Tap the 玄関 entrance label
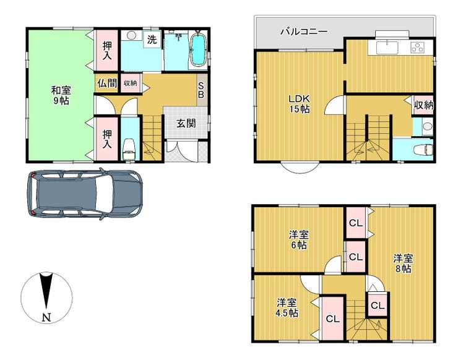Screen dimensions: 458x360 pyautogui.click(x=186, y=124)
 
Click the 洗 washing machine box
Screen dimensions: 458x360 pyautogui.click(x=152, y=40)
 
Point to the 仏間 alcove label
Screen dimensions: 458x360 pyautogui.click(x=107, y=84)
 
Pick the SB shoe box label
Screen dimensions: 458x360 pyautogui.click(x=201, y=90)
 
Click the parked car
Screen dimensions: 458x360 pyautogui.click(x=85, y=194)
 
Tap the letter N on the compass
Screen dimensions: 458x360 pyautogui.click(x=46, y=317)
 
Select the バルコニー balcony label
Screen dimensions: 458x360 pyautogui.click(x=304, y=32)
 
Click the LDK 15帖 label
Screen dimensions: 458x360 pyautogui.click(x=300, y=104)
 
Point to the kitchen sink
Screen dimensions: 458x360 pyautogui.click(x=387, y=48)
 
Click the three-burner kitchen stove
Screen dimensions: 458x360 pyautogui.click(x=418, y=48)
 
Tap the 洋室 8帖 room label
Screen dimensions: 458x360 pyautogui.click(x=403, y=264)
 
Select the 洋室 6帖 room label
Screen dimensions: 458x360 pyautogui.click(x=298, y=239)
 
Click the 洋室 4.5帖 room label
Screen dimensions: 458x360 pyautogui.click(x=287, y=308)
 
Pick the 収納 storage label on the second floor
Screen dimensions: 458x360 pyautogui.click(x=423, y=105)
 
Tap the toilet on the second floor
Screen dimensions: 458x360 pyautogui.click(x=423, y=150)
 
